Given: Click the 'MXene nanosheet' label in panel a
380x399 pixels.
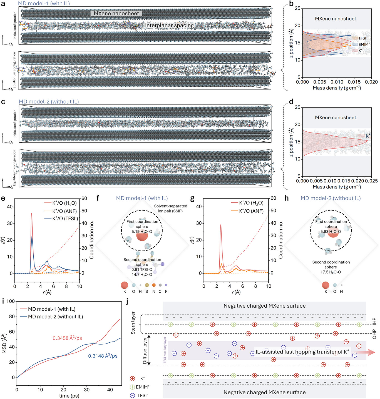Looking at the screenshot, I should (x=116, y=13).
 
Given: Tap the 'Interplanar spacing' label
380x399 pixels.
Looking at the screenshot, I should (x=169, y=26).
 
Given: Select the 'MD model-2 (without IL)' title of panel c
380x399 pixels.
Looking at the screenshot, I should (x=49, y=102).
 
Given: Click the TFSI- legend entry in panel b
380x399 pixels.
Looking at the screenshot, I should (x=362, y=38).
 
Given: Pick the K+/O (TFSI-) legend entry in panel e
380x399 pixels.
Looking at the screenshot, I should (x=65, y=219).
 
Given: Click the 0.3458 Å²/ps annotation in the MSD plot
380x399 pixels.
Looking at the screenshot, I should (x=67, y=338).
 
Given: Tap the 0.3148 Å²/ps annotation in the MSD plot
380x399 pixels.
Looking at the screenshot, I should (x=103, y=356).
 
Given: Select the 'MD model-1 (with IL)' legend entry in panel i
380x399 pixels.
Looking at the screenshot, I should (x=51, y=309).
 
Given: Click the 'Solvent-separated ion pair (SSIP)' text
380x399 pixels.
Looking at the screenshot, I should (x=170, y=209).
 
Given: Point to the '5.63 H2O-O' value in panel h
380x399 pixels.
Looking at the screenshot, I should (x=331, y=232).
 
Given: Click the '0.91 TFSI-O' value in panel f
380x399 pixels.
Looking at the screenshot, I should (x=142, y=270).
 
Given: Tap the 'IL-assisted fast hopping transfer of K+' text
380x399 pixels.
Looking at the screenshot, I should (x=302, y=352).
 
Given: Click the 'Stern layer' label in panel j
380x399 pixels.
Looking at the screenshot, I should (x=133, y=323).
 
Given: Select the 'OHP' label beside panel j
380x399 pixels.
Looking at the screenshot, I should (x=374, y=334).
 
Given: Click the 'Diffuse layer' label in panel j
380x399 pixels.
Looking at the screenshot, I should (x=145, y=351).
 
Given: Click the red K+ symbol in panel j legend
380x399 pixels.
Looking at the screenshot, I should (x=133, y=379).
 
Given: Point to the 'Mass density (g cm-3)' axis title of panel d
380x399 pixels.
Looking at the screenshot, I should (x=337, y=187).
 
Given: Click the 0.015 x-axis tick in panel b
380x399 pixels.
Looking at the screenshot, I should (x=354, y=82).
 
